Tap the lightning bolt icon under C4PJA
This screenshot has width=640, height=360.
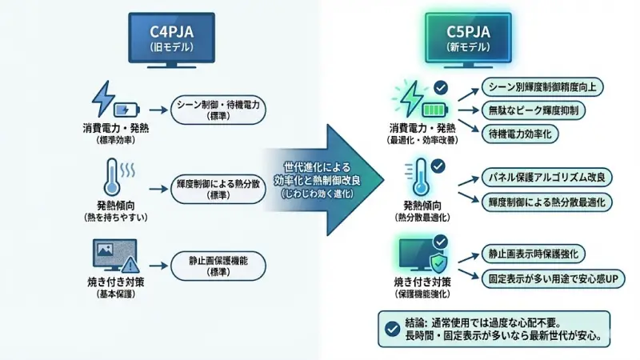pyautogui.click(x=102, y=98)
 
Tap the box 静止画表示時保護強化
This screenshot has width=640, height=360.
pyautogui.click(x=532, y=254)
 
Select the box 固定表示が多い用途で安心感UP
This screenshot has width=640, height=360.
pyautogui.click(x=552, y=278)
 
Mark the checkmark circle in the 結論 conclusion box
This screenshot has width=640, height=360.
pyautogui.click(x=391, y=328)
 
